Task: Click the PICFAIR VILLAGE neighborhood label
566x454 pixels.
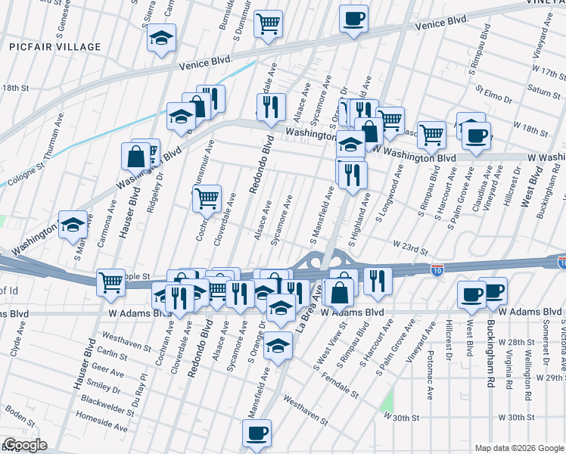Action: point(55,47)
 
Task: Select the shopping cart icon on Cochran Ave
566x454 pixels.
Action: point(207,199)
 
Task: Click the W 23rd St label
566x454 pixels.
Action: point(410,247)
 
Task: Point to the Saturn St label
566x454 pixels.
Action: point(522,90)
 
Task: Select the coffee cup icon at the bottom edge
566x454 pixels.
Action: point(256,434)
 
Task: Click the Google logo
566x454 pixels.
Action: point(26,445)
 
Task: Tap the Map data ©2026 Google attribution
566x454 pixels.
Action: point(519,447)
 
